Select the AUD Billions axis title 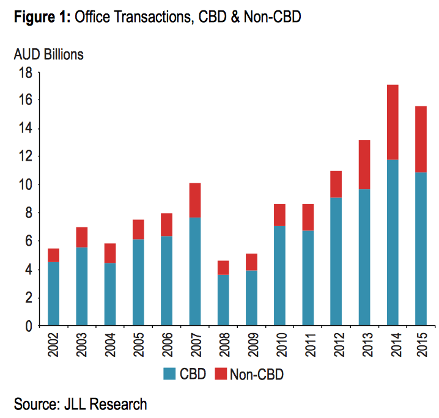[48, 54]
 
